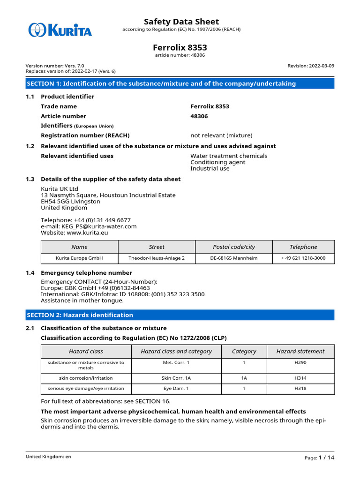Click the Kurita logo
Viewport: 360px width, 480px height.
click(x=60, y=30)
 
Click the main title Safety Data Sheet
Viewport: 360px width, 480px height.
click(x=181, y=22)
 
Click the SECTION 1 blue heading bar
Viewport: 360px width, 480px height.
click(x=180, y=83)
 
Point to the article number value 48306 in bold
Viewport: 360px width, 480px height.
click(x=199, y=116)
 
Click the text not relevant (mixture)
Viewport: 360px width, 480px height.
click(x=221, y=135)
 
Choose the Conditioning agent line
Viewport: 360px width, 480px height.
click(x=217, y=162)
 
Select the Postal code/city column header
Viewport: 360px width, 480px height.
click(x=234, y=247)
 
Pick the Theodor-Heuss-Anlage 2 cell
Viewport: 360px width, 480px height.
click(x=157, y=258)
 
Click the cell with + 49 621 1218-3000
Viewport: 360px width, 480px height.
click(x=303, y=258)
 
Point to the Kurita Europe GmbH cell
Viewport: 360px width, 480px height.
click(x=79, y=258)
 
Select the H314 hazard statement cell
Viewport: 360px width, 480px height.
click(x=300, y=378)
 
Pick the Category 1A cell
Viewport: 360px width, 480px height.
click(x=244, y=378)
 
